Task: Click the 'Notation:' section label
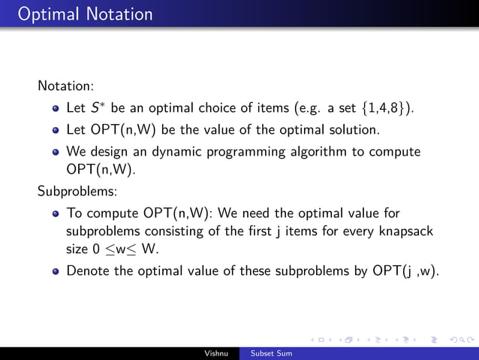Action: click(65, 86)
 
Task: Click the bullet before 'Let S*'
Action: click(56, 109)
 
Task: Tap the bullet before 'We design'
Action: click(56, 153)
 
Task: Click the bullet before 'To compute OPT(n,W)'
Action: click(56, 213)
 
